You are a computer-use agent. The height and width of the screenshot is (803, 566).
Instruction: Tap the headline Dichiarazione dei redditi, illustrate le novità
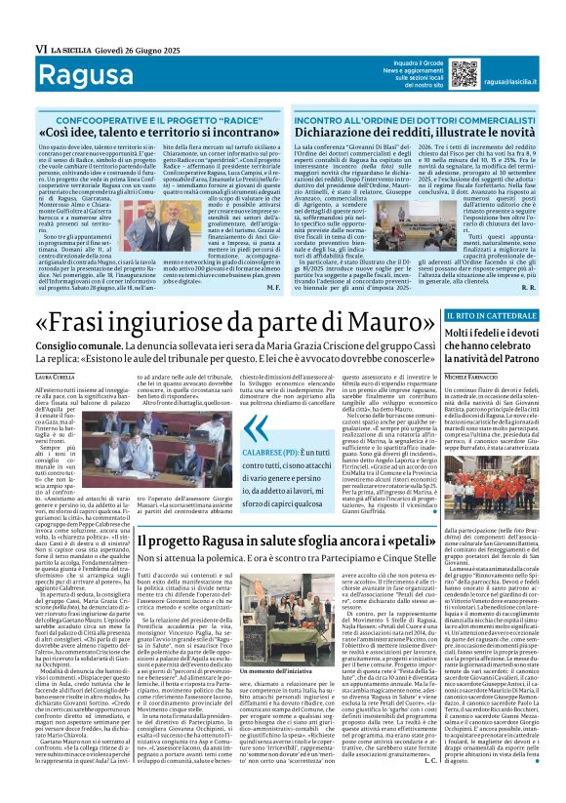[423, 130]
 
